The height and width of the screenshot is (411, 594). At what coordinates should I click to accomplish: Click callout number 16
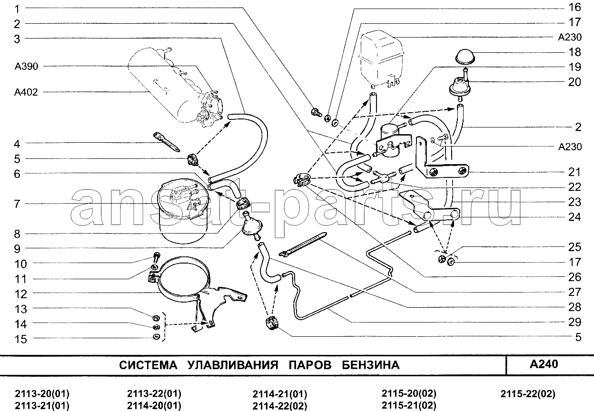coord(574,7)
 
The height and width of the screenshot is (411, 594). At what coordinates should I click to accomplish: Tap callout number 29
coord(574,322)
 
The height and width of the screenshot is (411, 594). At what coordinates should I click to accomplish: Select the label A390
coord(27,66)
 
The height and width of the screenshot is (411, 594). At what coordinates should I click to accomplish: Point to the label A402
coord(27,92)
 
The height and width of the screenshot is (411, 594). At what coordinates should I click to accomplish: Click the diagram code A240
coord(544,364)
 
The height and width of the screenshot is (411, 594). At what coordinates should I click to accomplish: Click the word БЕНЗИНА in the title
coord(371,365)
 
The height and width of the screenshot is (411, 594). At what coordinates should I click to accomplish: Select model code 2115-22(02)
coord(528,394)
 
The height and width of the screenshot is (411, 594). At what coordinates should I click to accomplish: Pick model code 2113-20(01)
coord(42,394)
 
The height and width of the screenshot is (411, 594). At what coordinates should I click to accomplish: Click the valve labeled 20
coord(460,87)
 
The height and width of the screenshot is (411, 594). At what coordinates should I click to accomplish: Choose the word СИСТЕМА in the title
coord(148,365)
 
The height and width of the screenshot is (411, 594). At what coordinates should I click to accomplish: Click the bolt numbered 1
coord(315,112)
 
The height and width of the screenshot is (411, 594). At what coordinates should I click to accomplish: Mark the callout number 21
coord(574,172)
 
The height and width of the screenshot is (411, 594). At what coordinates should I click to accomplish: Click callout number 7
coord(17,204)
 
